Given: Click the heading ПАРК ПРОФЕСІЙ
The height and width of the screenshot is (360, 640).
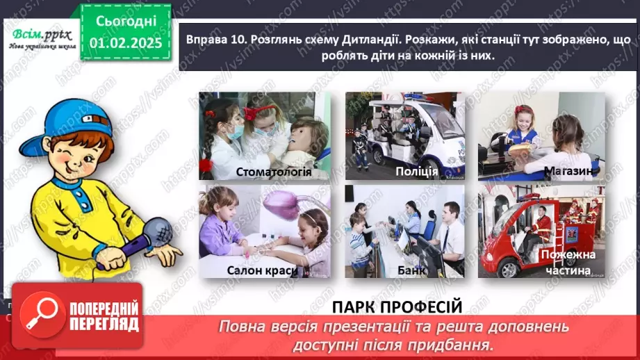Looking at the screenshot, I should point(397,306).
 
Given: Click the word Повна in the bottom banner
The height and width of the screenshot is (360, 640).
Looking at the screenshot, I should point(240,325).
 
